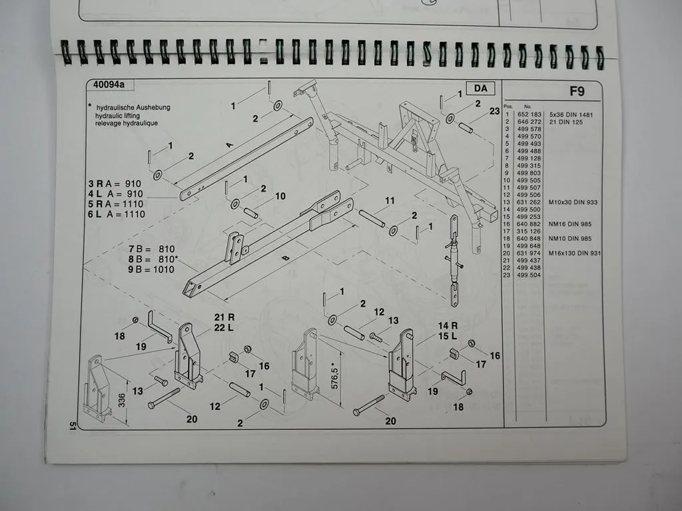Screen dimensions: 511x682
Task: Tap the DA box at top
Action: click(480, 88)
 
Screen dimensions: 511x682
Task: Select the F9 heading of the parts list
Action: click(576, 91)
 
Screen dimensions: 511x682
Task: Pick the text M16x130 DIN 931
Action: click(571, 253)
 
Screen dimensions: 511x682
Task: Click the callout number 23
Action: click(494, 112)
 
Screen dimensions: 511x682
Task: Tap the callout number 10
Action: click(280, 196)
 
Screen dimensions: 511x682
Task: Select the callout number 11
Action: click(390, 201)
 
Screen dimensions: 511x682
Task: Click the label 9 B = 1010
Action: click(152, 269)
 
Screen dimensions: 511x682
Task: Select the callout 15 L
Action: click(448, 336)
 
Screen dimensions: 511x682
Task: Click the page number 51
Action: click(72, 426)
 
